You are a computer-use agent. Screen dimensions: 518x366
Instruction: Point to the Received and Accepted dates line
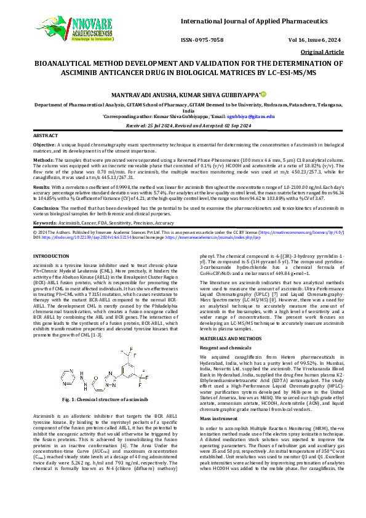coord(183,124)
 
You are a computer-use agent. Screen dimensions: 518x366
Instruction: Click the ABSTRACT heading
coord(45,134)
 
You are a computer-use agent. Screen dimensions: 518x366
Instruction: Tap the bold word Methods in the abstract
coord(43,159)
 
